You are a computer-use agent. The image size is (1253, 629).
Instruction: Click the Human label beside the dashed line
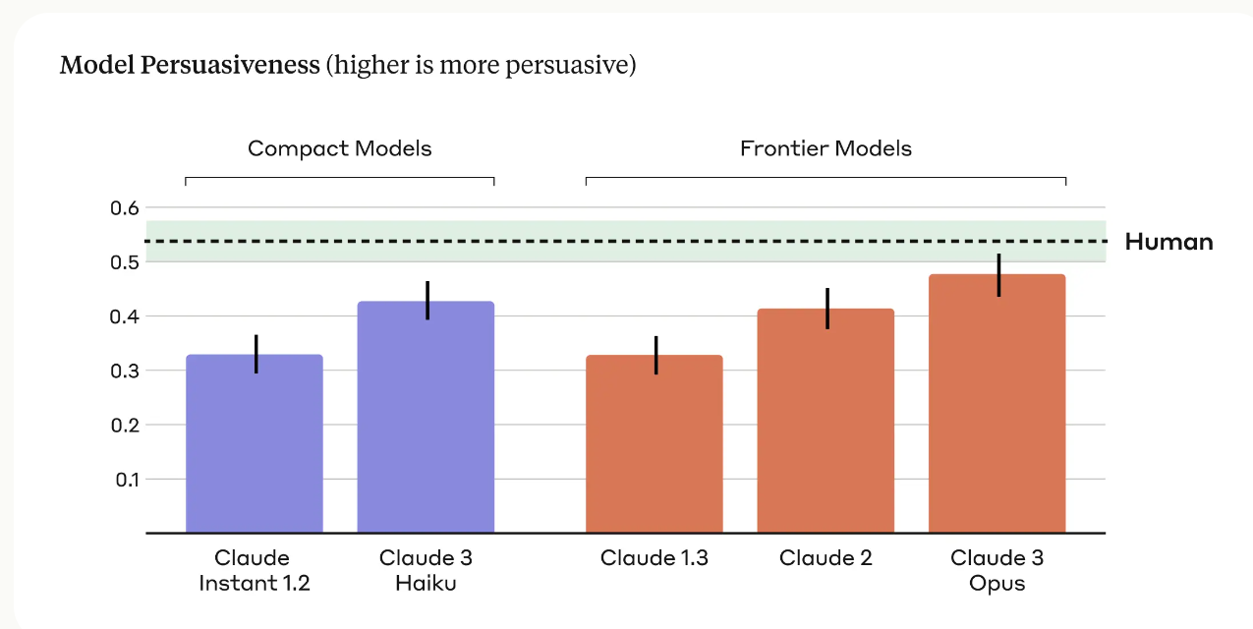1168,242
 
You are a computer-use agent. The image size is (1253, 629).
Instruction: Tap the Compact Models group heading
339,148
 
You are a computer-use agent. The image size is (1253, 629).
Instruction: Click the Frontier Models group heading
826,148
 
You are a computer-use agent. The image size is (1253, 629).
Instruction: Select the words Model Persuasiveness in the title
190,66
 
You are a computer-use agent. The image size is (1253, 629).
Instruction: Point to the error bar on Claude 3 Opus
998,275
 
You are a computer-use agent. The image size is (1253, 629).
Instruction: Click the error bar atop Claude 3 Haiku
427,300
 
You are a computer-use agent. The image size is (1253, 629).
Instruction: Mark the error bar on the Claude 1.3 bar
655,355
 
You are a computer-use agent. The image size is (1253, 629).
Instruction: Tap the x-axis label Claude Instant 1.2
254,571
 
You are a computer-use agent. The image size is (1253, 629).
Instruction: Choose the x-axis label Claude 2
826,558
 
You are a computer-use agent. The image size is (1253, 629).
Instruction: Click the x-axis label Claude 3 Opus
997,571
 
